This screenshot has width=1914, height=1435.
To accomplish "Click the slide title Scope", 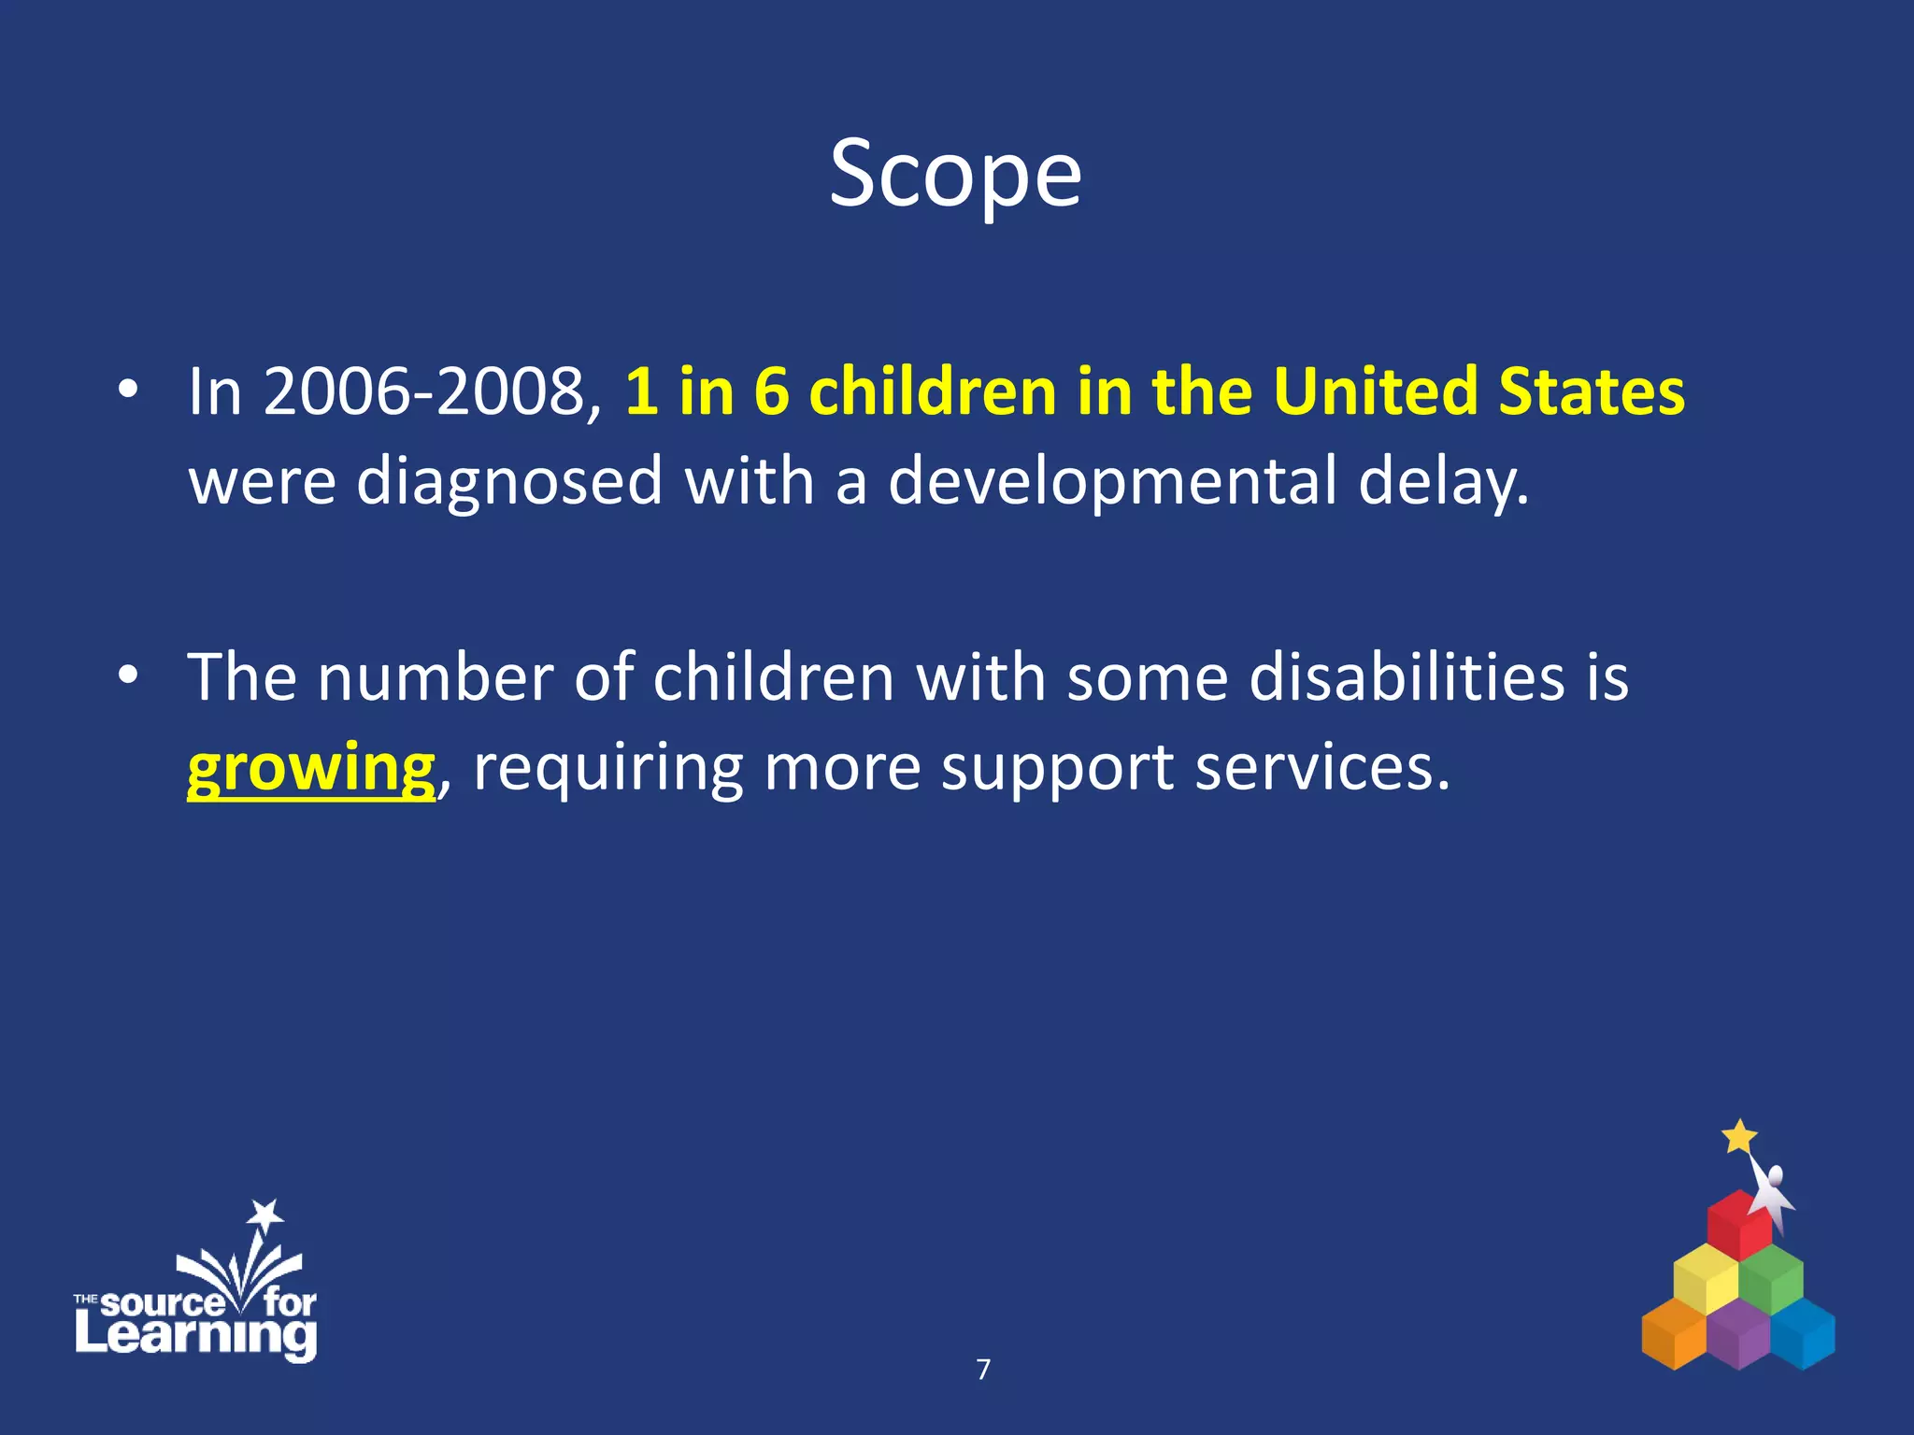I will [955, 175].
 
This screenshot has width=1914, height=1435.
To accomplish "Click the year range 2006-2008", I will [423, 391].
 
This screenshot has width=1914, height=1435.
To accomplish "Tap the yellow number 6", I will [771, 391].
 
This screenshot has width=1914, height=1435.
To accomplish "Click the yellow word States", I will [1592, 391].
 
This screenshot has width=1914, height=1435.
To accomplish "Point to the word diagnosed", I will [509, 481].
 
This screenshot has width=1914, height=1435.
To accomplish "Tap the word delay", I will [1442, 481].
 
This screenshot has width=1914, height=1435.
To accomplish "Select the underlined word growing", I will [311, 768].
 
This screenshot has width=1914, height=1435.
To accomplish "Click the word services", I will [1321, 768].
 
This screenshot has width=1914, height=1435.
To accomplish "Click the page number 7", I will [983, 1370].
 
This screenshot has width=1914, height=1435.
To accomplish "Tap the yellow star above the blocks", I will [1739, 1137].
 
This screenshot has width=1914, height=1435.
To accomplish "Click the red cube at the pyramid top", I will [1737, 1225].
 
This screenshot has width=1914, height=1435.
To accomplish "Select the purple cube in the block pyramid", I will [1738, 1333].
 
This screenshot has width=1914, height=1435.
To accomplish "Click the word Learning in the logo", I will [196, 1334].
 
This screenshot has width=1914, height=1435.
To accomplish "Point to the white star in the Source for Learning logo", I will [265, 1215].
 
